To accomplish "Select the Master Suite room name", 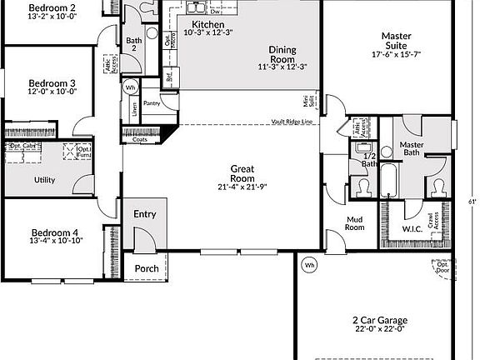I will pos(400,36).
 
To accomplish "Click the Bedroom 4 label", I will pos(55,232).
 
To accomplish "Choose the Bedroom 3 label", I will pos(52,83).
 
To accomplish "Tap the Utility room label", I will pos(44,180).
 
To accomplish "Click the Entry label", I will pos(145,214).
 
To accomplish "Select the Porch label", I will pos(147,268).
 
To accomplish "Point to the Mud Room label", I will pos(355,223).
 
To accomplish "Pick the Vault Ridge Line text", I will pos(292,122).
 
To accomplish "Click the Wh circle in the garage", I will pos(309,265).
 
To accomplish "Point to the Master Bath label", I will pos(412,147).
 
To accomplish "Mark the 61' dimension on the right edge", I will pos(472,201).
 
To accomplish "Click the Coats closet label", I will pos(141,139).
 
